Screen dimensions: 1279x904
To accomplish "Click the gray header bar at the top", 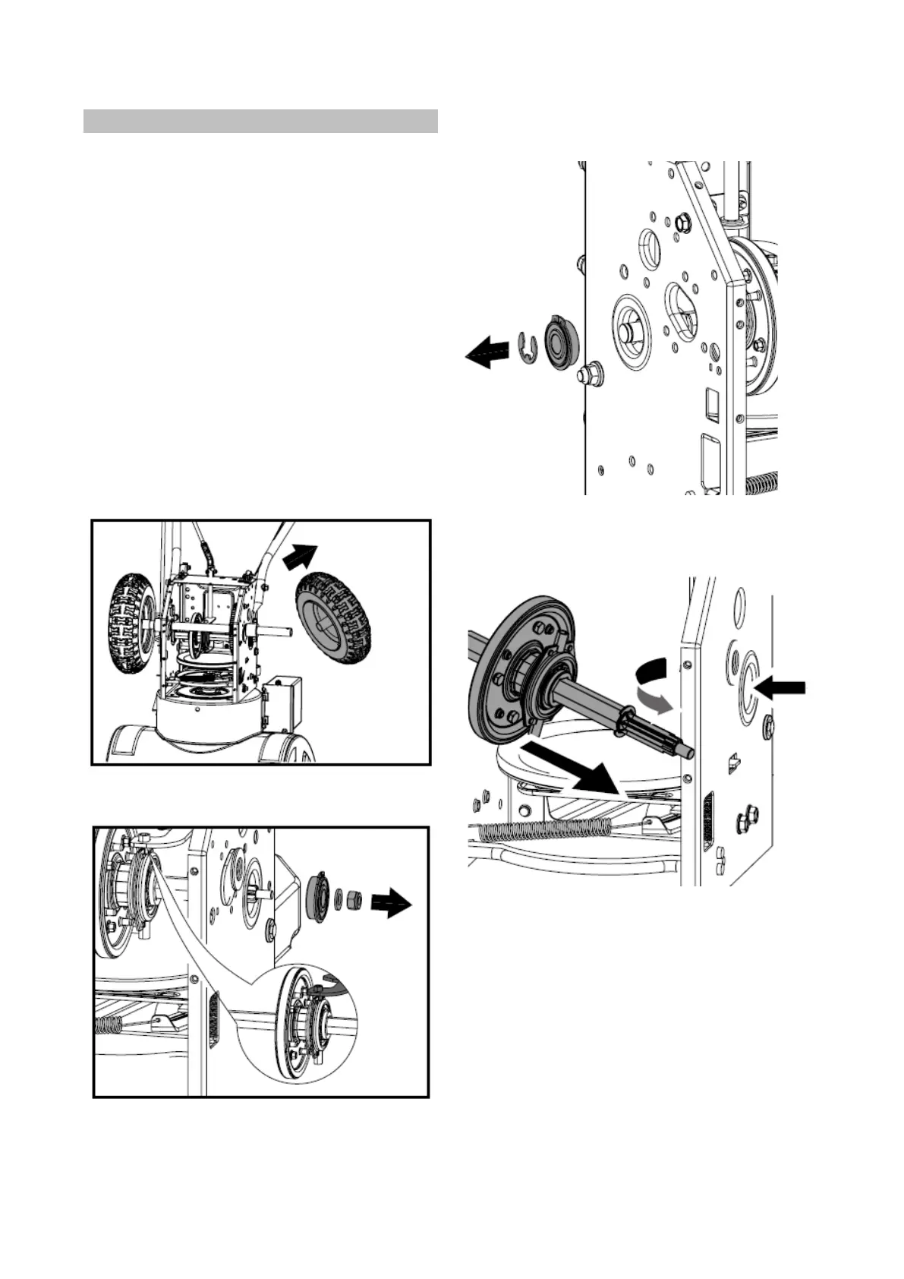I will (x=260, y=122).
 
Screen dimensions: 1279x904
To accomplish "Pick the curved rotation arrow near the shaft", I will (x=652, y=683).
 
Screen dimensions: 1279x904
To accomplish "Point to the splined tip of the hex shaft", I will (x=677, y=741).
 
